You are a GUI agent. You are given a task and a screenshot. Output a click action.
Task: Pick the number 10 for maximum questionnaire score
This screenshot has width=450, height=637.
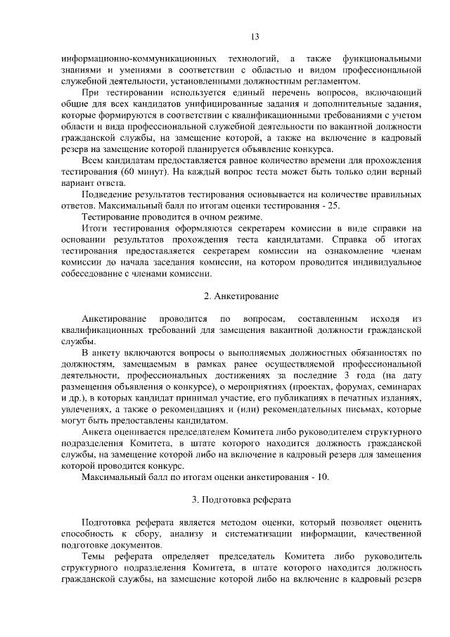(x=323, y=477)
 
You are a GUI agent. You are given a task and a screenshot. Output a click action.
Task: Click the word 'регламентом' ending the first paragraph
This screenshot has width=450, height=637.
(x=323, y=81)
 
